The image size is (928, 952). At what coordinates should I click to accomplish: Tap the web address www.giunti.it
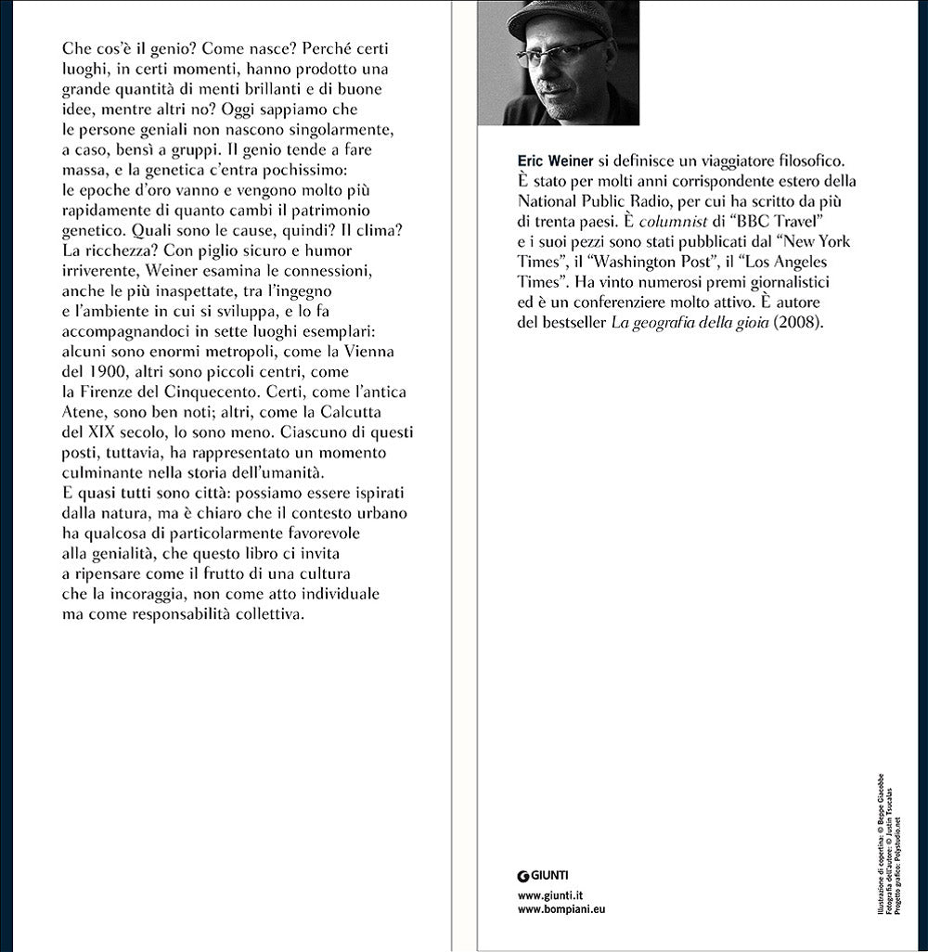coord(550,894)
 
